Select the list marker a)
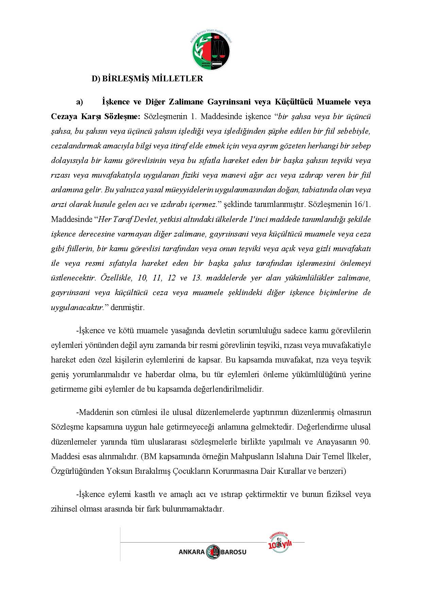(x=80, y=102)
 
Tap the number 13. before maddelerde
(x=197, y=278)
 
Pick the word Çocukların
(x=191, y=471)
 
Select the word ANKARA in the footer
(x=191, y=552)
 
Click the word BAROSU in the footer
(x=234, y=552)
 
